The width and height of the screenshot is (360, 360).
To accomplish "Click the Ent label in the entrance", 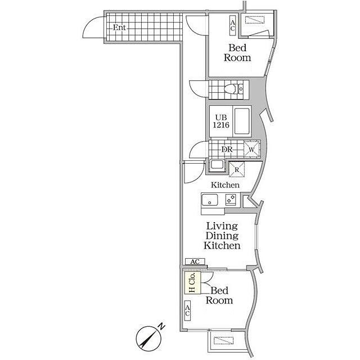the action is (119, 28).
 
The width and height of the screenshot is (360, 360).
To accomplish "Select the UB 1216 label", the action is (221, 121).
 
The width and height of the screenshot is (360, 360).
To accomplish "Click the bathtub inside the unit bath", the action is (242, 121).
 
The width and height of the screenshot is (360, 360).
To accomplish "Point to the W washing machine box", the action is (251, 149).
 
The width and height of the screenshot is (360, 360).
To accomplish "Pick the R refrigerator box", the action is (237, 169).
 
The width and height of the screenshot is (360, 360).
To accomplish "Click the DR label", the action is (227, 150).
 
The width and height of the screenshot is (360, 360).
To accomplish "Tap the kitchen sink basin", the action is (210, 200).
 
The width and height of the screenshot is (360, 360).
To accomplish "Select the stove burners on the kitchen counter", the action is (231, 199).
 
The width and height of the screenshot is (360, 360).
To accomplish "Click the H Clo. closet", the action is (192, 282).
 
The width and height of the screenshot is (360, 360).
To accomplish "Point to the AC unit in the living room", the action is (195, 262).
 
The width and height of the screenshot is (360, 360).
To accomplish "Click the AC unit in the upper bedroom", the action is (233, 25).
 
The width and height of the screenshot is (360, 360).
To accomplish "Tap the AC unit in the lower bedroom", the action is (187, 310).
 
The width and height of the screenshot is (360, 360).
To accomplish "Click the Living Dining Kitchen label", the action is (222, 236).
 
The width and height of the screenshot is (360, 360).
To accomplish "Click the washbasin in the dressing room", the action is (217, 165).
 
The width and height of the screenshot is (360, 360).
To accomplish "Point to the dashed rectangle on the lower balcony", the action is (224, 340).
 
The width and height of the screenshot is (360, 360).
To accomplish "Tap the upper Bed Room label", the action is (237, 53).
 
